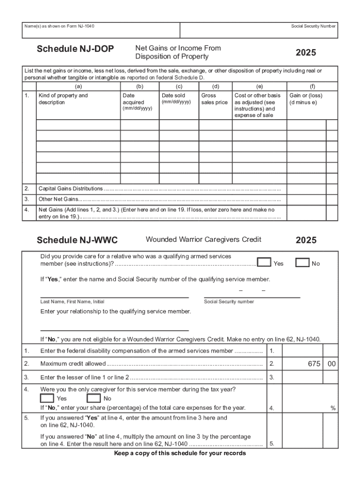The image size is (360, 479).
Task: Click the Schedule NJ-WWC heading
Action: [x=77, y=240]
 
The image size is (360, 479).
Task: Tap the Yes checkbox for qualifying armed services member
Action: [x=264, y=262]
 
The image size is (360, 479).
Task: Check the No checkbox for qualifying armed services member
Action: [x=302, y=262]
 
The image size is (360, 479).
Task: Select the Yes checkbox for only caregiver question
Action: [x=47, y=398]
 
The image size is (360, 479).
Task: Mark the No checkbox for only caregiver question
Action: [x=94, y=398]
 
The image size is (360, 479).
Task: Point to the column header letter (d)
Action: [x=216, y=87]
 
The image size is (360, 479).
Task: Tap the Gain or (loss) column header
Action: [x=306, y=99]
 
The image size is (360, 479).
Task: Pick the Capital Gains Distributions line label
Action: [x=71, y=189]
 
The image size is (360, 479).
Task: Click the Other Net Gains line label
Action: [x=58, y=199]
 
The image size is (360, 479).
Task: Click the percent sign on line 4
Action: [x=333, y=408]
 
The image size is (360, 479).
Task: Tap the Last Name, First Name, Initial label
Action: [x=72, y=302]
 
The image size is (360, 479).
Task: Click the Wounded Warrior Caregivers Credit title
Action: [x=203, y=239]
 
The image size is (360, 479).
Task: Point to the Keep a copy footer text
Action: [x=180, y=453]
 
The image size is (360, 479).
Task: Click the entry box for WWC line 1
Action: [x=302, y=351]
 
